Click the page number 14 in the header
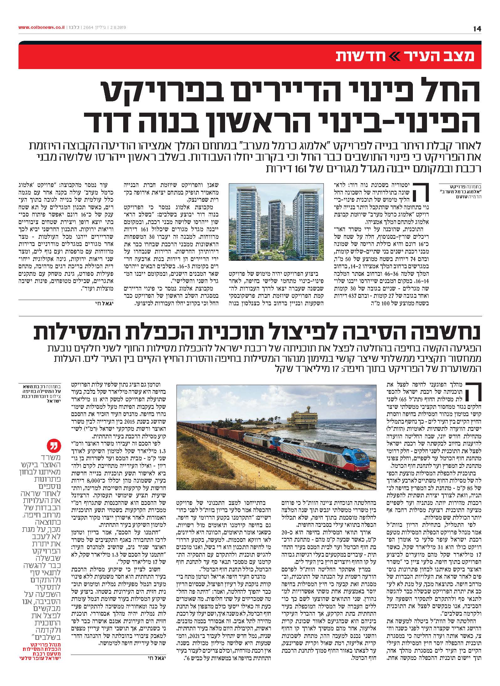[x=477, y=29]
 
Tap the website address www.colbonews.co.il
[x=41, y=28]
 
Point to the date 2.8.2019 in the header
[x=117, y=28]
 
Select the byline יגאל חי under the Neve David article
[x=99, y=303]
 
